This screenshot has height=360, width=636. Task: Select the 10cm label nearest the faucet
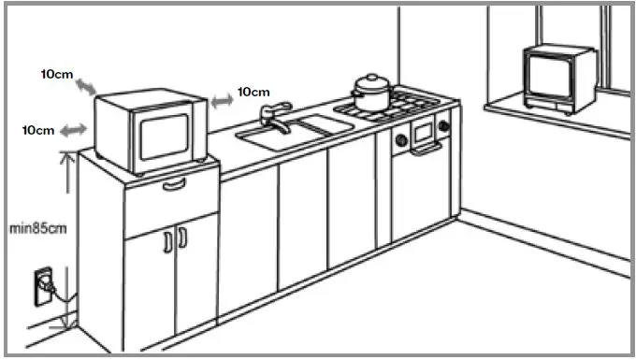click(253, 92)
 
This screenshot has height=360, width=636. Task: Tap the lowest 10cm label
click(38, 130)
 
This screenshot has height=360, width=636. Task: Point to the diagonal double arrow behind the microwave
click(84, 87)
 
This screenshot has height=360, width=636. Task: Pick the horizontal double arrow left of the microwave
click(73, 132)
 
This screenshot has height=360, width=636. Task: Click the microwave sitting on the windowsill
click(559, 78)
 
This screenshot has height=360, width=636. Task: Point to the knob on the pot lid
click(371, 77)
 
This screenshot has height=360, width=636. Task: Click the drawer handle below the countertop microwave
click(174, 184)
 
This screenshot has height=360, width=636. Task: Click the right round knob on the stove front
click(444, 124)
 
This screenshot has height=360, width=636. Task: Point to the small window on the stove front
click(424, 131)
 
